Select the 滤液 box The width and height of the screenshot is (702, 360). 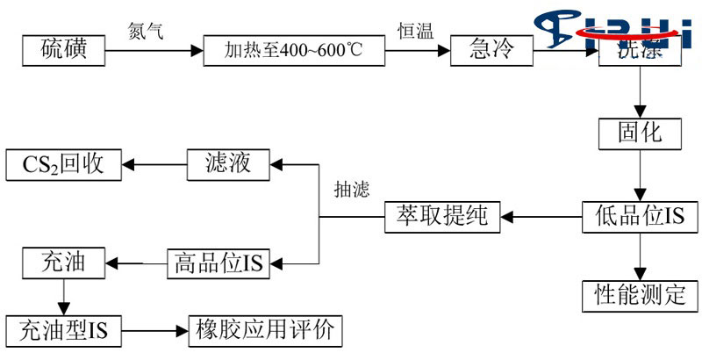tap(229, 163)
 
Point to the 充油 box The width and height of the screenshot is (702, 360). tap(62, 261)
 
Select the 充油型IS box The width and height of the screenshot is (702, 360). tap(62, 331)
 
